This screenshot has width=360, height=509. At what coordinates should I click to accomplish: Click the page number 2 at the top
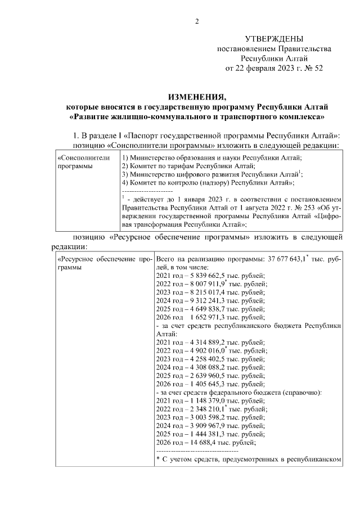pos(197,22)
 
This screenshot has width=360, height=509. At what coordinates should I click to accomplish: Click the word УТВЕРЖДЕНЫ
pos(274,39)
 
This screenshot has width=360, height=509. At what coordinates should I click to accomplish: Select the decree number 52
pos(318,69)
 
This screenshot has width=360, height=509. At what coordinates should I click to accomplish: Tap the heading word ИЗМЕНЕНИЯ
pos(196,97)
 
